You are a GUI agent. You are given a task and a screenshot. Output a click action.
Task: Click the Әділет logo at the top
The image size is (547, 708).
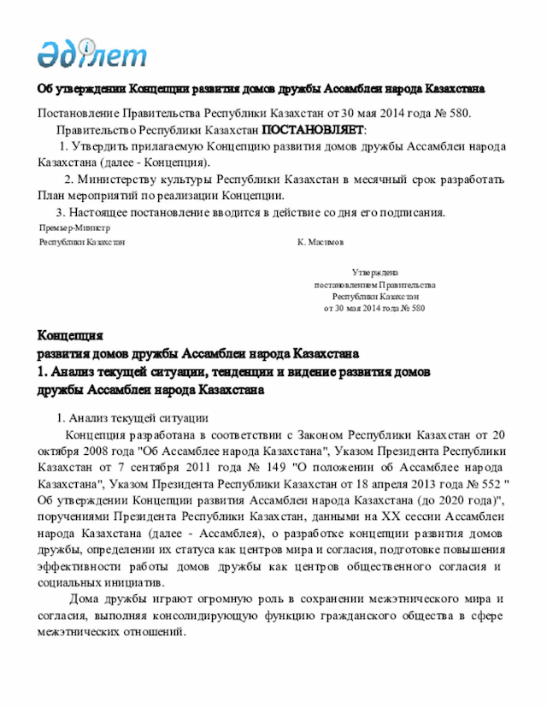[91, 52]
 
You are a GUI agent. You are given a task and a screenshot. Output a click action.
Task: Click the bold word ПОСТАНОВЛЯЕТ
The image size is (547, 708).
[312, 130]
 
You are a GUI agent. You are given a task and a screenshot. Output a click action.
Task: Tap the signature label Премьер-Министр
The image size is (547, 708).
[74, 228]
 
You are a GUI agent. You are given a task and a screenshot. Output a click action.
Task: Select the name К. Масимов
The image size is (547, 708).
[321, 242]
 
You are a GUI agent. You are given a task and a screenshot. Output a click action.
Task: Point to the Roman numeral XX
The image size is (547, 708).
[398, 516]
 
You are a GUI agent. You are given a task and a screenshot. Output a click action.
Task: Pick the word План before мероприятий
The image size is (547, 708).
[53, 196]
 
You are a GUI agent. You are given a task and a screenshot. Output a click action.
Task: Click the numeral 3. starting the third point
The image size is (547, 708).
[61, 212]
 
